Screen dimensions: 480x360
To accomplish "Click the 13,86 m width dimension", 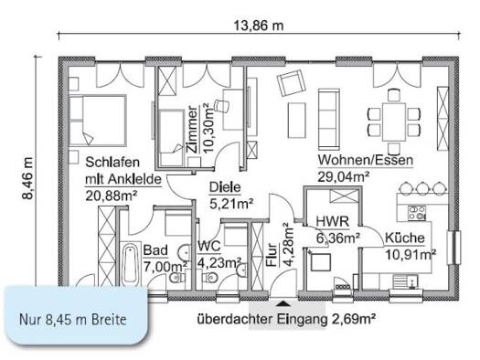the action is coord(259,26).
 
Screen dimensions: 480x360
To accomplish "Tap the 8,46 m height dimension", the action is coord(27,178).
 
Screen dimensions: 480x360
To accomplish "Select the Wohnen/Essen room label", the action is coord(366,160).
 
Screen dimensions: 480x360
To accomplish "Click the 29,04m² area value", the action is coord(343,176).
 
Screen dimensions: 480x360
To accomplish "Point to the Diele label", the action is coord(225,187).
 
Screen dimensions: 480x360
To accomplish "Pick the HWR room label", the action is coord(333,221).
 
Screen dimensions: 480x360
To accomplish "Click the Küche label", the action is coord(405,238).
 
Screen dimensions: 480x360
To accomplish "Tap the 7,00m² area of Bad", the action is coord(165,267).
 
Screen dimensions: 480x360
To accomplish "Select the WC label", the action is coord(209,247).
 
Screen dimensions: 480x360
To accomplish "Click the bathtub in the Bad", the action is coord(130,264).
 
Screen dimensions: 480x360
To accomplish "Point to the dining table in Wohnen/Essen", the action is coord(394,122).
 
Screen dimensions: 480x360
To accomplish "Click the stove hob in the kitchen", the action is coord(417,213).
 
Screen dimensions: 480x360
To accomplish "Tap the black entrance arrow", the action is coord(283,303).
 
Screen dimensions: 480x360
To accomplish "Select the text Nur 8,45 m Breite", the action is coord(73,320).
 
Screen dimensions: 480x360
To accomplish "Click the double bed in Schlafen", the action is coord(98,121).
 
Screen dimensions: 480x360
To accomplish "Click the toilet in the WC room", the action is coord(209,278).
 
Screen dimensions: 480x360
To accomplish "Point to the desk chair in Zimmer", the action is coord(222,106).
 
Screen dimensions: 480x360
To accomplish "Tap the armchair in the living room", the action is coord(292,83).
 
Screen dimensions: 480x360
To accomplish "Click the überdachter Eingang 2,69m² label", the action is coord(286,319).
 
